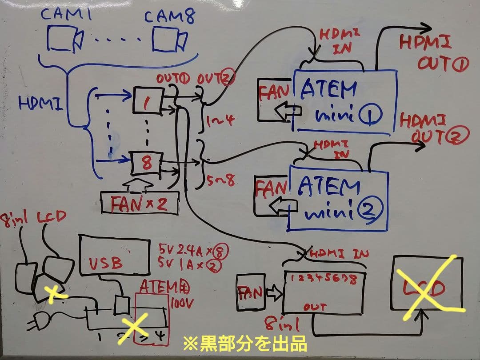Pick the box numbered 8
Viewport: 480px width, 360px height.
146,162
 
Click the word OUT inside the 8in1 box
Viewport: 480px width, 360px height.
315,307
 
